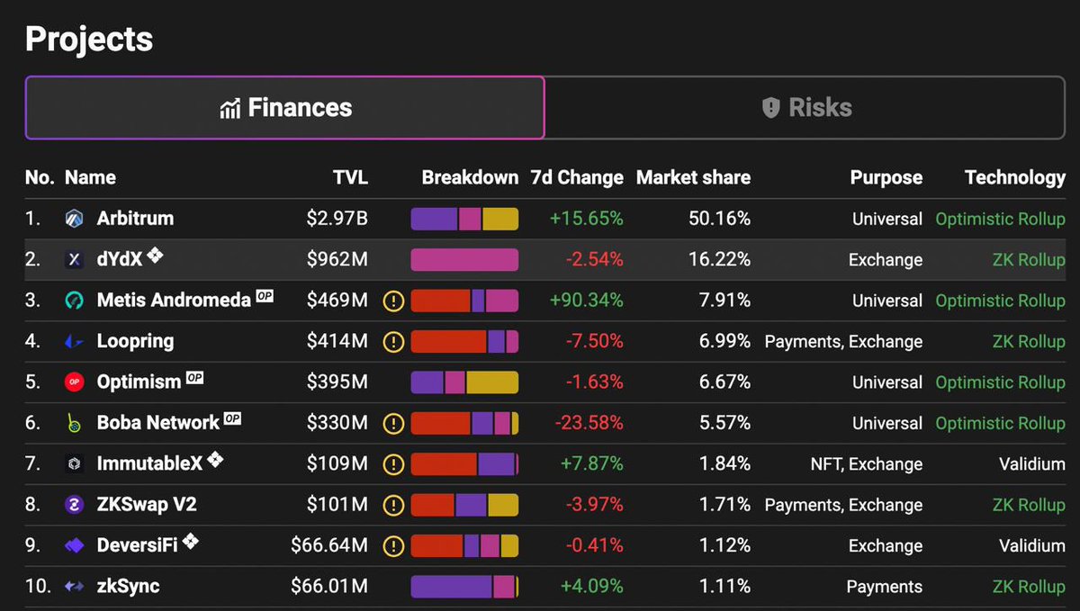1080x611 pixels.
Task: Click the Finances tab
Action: coord(285,108)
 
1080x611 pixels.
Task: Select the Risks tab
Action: coord(805,108)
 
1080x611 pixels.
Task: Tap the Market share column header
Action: coord(693,177)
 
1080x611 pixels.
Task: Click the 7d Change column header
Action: coord(577,178)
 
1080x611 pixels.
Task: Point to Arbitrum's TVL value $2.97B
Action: coord(337,219)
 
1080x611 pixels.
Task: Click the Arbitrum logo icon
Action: coord(74,219)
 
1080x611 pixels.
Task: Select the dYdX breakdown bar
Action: coord(464,259)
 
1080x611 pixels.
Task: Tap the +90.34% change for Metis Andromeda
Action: coord(586,301)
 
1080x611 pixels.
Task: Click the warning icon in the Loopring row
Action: coord(393,342)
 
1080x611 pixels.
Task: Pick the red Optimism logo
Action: coord(74,382)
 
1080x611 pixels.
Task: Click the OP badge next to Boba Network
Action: coord(232,418)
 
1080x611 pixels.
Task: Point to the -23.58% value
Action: coord(589,423)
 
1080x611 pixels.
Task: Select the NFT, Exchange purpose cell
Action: coord(867,464)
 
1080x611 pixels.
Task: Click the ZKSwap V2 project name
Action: coord(147,505)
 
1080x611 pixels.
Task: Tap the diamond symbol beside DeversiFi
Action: coord(191,541)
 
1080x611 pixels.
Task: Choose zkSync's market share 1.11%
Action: coord(724,587)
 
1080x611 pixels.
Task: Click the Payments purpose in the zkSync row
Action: coord(884,587)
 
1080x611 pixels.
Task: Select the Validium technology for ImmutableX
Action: coord(1031,464)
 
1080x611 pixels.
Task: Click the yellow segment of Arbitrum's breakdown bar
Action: coord(500,219)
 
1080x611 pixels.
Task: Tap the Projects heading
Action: coord(89,40)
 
